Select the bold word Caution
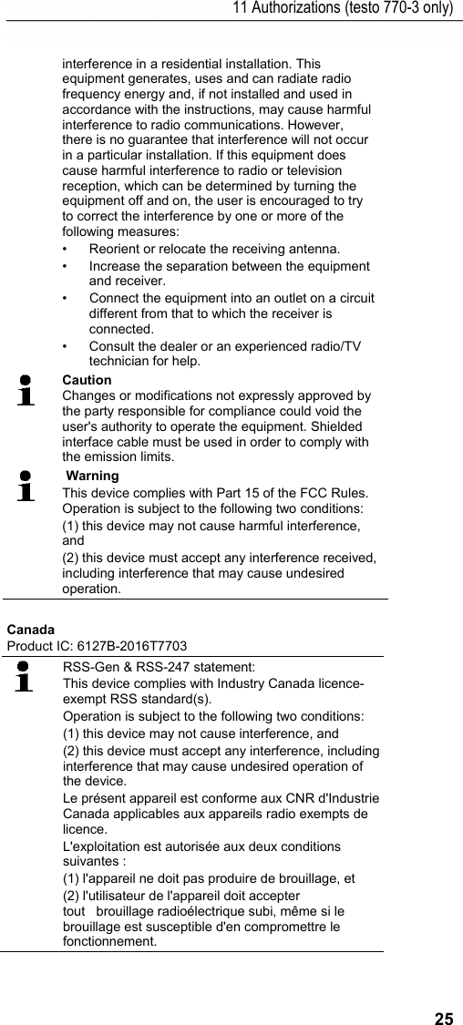tap(87, 380)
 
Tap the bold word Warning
tap(92, 477)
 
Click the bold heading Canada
tap(30, 630)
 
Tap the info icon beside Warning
tap(27, 487)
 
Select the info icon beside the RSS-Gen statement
tap(26, 678)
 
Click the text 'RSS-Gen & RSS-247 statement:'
tap(159, 667)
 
